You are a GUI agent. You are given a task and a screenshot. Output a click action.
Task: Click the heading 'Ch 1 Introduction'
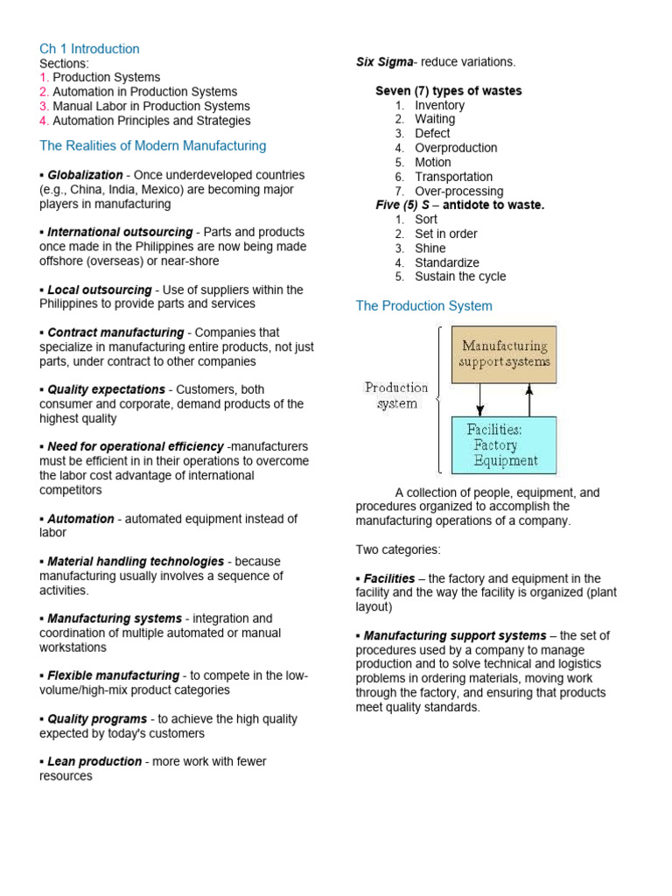89,49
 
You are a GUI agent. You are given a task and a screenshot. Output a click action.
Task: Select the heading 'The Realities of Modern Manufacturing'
152,146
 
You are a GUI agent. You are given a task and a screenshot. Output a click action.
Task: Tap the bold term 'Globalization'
86,175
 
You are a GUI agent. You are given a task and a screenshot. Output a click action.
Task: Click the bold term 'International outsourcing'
120,233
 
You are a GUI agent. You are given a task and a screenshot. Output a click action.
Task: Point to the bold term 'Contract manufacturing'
115,332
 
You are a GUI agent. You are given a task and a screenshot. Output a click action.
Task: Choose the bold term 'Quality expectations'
106,389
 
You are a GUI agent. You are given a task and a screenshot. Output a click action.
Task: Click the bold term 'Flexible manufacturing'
113,675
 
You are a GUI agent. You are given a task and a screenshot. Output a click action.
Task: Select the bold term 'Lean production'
94,761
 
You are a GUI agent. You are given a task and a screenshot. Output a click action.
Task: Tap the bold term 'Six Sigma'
384,62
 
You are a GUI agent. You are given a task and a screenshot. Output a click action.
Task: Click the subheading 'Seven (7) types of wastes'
448,91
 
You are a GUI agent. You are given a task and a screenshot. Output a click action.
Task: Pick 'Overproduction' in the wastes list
456,148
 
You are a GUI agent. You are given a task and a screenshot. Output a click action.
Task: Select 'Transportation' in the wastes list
453,177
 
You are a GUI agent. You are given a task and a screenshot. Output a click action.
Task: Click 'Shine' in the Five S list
430,248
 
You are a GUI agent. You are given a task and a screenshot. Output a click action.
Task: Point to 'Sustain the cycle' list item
460,276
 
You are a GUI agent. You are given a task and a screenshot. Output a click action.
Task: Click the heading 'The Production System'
423,306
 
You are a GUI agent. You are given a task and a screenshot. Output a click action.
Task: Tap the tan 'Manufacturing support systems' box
504,354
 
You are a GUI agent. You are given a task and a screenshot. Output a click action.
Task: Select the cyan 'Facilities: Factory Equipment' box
504,445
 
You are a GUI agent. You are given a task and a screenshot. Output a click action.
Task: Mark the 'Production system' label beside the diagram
396,395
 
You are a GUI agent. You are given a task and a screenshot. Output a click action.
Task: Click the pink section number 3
43,106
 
